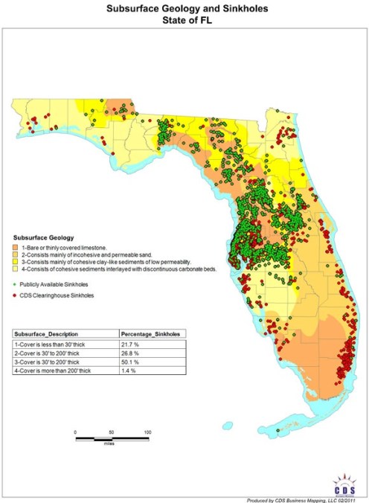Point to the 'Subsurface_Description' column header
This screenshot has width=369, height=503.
48,334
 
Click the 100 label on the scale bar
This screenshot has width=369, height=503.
148,432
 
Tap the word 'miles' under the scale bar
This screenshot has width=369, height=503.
112,443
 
